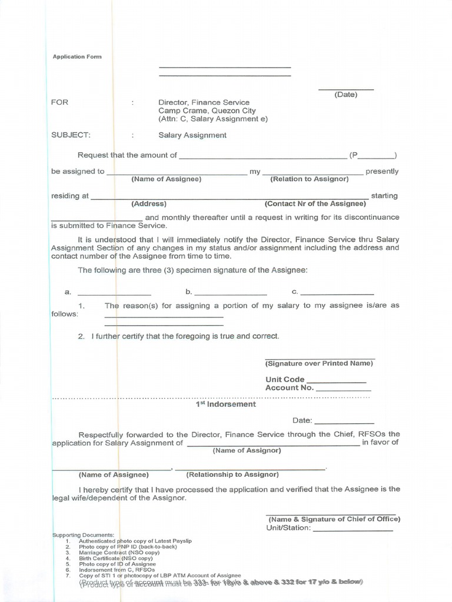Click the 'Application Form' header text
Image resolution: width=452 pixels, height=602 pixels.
[77, 57]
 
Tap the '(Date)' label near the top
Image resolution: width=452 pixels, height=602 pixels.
[345, 95]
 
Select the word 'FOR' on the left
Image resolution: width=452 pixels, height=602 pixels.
[60, 102]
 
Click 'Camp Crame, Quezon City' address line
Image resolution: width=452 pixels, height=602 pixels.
[207, 111]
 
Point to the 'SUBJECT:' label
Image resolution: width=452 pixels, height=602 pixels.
[71, 135]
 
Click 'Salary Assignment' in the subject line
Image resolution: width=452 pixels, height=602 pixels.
[192, 135]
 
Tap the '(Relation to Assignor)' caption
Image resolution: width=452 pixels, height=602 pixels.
[310, 179]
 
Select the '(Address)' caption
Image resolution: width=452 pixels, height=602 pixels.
[149, 204]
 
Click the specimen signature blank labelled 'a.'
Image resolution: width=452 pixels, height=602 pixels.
[114, 293]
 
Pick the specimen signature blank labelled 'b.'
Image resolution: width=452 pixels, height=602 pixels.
[230, 293]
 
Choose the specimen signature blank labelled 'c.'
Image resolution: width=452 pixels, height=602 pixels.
[337, 293]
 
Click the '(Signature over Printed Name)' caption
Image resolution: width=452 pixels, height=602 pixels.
[319, 363]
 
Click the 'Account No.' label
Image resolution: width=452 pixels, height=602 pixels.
[290, 388]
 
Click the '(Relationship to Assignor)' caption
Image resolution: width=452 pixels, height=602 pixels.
[232, 475]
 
